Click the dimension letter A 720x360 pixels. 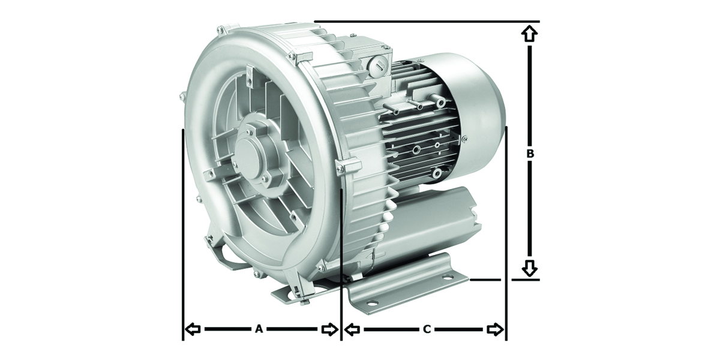click(259, 329)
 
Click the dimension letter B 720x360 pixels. click(530, 154)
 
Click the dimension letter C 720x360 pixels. click(427, 329)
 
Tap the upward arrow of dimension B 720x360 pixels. click(529, 34)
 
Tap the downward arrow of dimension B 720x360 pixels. click(529, 268)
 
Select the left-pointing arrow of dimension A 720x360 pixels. click(193, 329)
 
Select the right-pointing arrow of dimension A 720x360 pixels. click(329, 329)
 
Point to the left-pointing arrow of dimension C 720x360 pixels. click(352, 329)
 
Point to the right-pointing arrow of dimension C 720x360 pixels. click(495, 329)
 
